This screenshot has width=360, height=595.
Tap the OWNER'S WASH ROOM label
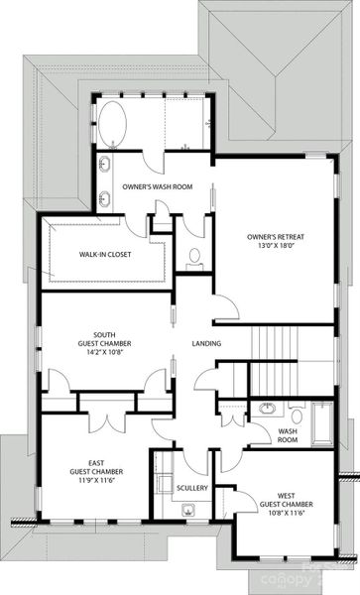tap(157, 185)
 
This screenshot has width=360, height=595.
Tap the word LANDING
tap(206, 343)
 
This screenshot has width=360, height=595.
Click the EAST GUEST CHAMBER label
tap(95, 468)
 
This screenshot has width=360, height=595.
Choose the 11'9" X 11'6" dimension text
tap(95, 481)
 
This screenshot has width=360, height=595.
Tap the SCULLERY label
tap(191, 488)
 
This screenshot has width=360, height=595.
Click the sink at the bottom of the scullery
tap(189, 510)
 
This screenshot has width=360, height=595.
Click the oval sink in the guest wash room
tap(266, 408)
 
